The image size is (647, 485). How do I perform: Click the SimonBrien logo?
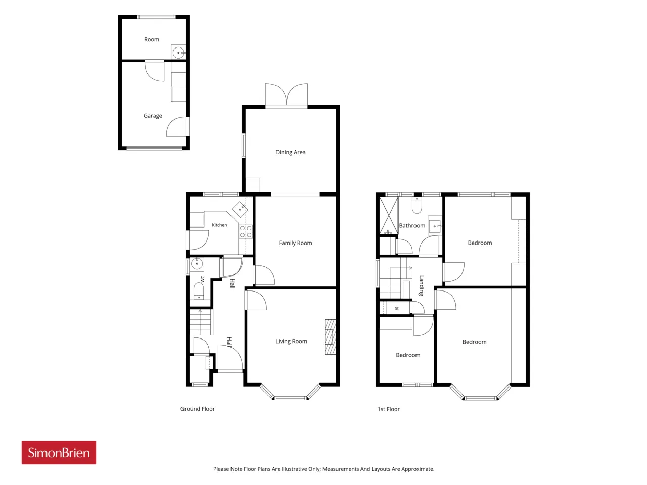coord(59,452)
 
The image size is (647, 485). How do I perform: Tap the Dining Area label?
coord(290,152)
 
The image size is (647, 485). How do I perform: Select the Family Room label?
coord(295,243)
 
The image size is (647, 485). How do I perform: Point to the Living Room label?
coord(291,341)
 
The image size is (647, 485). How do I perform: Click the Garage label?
coord(153,116)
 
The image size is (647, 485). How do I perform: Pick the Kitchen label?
coord(219,225)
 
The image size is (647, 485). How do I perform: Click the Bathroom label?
coord(412,225)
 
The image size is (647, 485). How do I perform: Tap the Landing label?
coord(421,285)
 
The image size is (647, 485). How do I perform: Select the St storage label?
coord(397,309)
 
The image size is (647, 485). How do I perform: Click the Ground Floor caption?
coord(198,409)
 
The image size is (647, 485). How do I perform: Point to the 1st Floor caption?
coord(389,409)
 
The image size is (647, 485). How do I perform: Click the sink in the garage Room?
coord(178,53)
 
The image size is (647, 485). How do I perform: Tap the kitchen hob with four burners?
coord(246,232)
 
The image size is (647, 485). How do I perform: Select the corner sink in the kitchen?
coord(240,209)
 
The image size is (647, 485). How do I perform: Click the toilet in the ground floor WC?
coord(199,291)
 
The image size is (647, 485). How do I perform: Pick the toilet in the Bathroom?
coord(417,205)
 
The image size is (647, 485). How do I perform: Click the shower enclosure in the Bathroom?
coord(389,216)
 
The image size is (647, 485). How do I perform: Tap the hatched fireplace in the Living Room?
coord(330,337)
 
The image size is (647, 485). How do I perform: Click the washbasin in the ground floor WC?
coord(196,264)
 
